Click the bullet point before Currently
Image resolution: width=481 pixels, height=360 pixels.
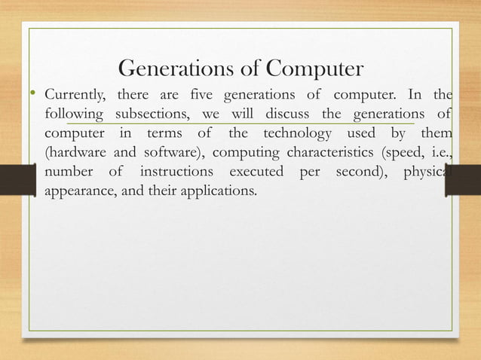34,94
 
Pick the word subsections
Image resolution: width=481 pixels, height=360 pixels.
154,115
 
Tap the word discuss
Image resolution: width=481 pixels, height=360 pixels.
283,115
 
